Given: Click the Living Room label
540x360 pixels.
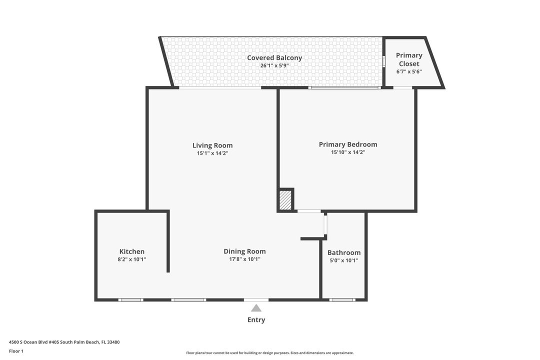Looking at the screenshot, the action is (212, 145).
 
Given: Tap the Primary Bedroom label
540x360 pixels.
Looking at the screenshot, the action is (348, 144).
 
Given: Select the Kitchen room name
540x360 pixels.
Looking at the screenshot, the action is (132, 251).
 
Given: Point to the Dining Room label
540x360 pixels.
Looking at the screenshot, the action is (244, 251).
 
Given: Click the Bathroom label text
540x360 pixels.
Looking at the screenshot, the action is (344, 252).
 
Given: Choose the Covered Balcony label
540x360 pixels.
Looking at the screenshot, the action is (274, 58).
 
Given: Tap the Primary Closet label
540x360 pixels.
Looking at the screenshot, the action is (409, 59).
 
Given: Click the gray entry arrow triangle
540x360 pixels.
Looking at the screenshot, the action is (256, 308).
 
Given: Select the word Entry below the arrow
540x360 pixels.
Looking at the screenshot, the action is (256, 319).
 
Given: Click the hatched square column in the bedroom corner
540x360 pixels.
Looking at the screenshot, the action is (285, 200).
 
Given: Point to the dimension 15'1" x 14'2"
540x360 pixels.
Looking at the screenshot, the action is (212, 153).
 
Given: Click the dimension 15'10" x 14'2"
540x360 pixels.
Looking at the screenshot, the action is (348, 152).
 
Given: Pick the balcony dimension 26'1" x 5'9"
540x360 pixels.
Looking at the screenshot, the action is (274, 65).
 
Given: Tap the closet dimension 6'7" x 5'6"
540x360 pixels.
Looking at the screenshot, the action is (409, 71).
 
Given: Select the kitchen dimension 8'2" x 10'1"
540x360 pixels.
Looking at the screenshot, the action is (132, 259).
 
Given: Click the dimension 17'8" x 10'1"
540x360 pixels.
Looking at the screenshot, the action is (244, 259).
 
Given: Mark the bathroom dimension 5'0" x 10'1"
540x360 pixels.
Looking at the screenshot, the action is (344, 260).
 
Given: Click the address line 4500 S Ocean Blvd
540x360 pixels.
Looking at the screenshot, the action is (64, 342).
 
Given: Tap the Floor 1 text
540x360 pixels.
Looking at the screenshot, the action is (16, 351).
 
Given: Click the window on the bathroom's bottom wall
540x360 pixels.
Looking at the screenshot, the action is (342, 299).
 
